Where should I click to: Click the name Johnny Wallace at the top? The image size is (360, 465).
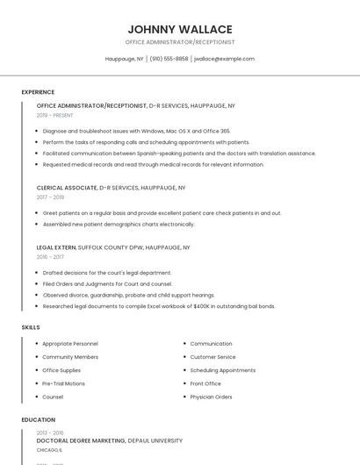coord(179,29)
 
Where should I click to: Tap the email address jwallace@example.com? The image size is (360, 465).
coord(224,59)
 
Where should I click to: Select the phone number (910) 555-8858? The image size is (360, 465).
coord(169,59)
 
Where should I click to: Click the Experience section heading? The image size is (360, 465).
coord(38,91)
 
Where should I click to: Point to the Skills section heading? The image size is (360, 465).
coord(31,327)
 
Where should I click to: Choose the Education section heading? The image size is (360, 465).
coord(38,419)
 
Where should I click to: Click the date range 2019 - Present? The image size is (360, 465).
coord(55,115)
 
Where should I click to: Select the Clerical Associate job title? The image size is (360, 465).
coord(67,188)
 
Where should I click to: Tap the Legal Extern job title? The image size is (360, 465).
coord(56,247)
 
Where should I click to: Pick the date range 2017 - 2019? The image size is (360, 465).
coord(50,197)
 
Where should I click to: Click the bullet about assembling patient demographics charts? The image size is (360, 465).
coord(119,224)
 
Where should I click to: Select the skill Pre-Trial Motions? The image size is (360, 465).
coord(64,383)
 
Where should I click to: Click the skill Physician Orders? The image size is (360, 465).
coord(211,397)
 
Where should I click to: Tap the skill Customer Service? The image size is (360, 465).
coord(212,357)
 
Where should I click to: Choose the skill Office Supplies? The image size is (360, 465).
coord(61,370)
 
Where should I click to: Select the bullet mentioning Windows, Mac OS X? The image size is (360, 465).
coord(136,131)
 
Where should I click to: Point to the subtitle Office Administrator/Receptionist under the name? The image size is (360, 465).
coord(179,42)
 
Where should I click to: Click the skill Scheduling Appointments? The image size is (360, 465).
coord(223,370)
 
